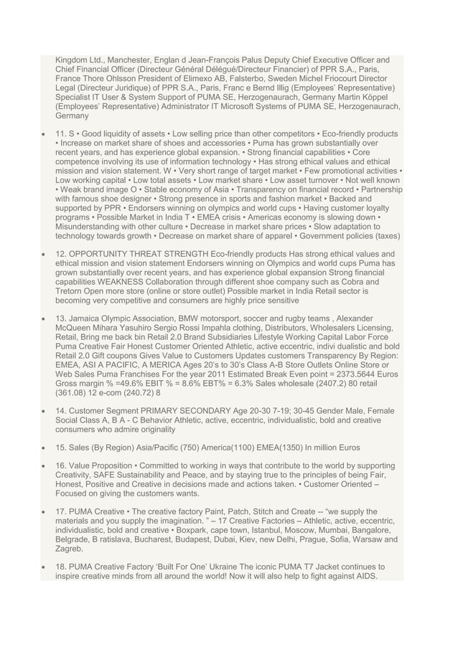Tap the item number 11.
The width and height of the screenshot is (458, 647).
coord(62,134)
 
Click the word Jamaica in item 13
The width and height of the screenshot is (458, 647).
coord(88,318)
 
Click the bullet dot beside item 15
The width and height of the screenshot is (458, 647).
coord(45,446)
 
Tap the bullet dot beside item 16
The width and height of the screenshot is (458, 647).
coord(45,465)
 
